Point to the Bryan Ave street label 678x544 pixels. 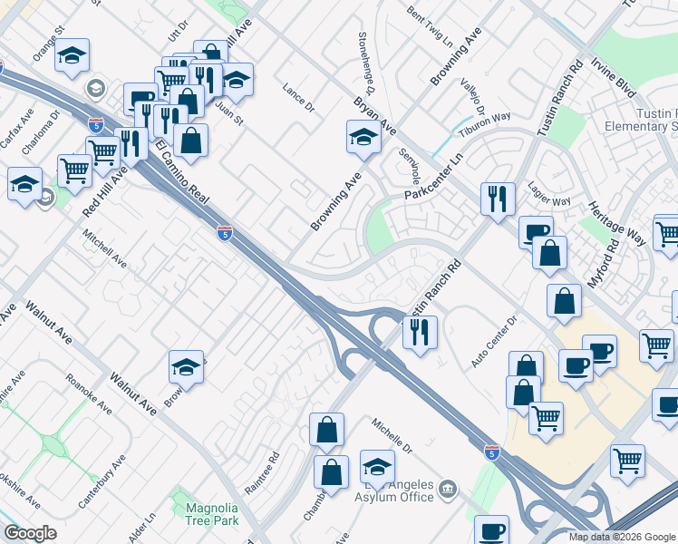pyautogui.click(x=375, y=116)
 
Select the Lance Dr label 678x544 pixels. pyautogui.click(x=297, y=100)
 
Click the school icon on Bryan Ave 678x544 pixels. pyautogui.click(x=363, y=138)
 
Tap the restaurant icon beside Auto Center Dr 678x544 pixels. pyautogui.click(x=420, y=332)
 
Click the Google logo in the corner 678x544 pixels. pyautogui.click(x=30, y=533)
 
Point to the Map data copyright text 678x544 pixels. pyautogui.click(x=621, y=537)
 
